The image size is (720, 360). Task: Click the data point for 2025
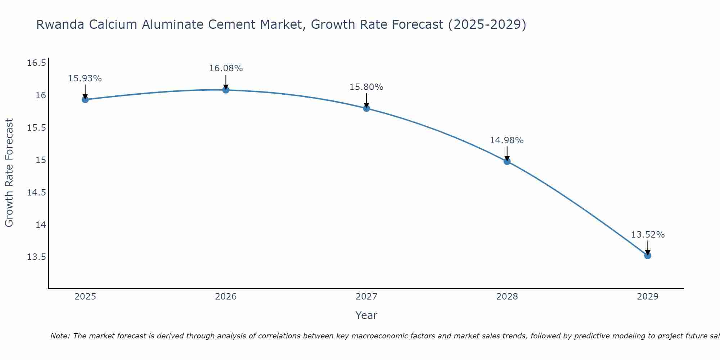point(85,99)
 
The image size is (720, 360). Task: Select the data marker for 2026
point(226,90)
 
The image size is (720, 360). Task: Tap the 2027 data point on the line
point(366,108)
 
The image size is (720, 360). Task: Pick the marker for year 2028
point(507,161)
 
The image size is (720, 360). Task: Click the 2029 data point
point(648,256)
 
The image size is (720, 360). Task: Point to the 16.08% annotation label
point(226,68)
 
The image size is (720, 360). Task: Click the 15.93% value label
point(85,78)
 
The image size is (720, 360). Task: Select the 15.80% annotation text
point(366,87)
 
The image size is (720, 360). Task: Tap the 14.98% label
point(507,140)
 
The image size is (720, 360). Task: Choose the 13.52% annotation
point(648,235)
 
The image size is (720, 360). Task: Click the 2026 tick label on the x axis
point(226,297)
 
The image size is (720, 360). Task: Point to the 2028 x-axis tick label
point(507,297)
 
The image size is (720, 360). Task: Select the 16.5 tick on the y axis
point(37,63)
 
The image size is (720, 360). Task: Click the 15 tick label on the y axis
point(40,160)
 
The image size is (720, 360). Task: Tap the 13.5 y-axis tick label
point(37,257)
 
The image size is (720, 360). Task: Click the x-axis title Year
point(366,315)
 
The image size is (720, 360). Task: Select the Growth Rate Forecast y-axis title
point(9,173)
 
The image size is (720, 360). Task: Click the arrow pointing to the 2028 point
point(507,154)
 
